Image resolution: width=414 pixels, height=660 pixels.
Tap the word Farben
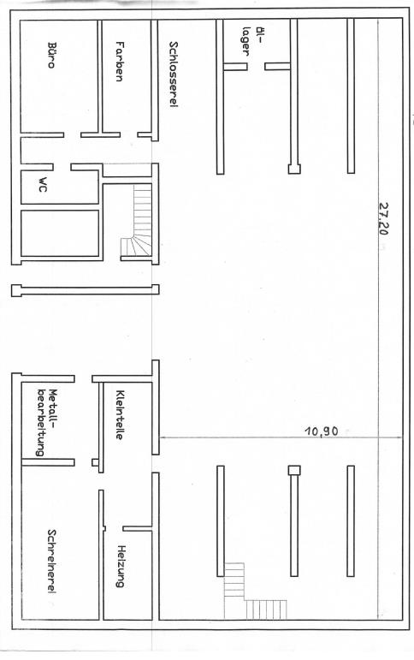click(x=120, y=61)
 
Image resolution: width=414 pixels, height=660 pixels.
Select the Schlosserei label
click(x=173, y=74)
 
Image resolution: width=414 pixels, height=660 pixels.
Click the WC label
click(x=41, y=187)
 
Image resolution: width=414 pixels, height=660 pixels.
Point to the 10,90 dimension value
click(x=322, y=431)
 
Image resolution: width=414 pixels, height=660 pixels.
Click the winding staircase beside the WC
click(x=137, y=227)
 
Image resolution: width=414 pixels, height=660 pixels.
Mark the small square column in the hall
click(x=294, y=469)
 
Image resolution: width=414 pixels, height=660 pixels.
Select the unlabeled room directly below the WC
click(x=59, y=232)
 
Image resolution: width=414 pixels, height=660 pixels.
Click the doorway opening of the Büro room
click(x=73, y=134)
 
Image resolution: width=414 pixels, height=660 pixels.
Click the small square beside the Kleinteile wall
click(x=95, y=462)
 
